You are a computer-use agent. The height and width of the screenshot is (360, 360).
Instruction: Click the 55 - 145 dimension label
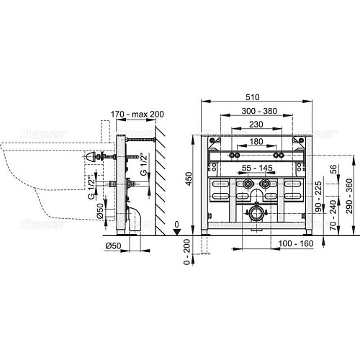[256, 167]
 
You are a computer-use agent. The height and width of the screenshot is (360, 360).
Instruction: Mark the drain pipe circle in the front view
[256, 212]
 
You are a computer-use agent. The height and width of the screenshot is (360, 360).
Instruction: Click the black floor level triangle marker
[178, 231]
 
